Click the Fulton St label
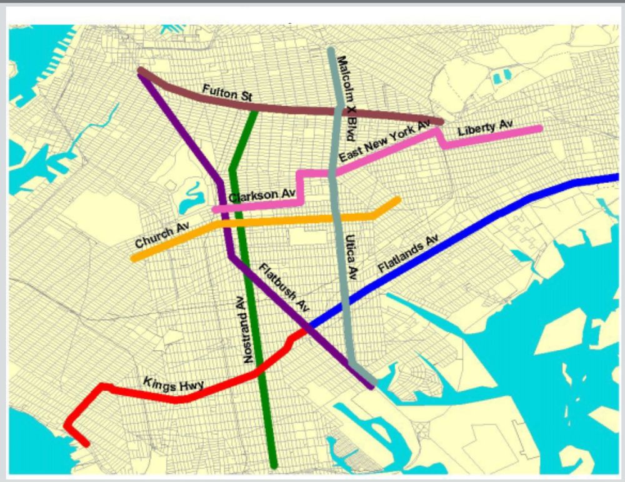point(227,94)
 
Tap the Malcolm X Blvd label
point(346,98)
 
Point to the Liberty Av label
point(485,129)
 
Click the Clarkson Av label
point(262,196)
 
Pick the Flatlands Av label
point(408,255)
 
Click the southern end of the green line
point(274,464)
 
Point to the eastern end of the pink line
point(539,129)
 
